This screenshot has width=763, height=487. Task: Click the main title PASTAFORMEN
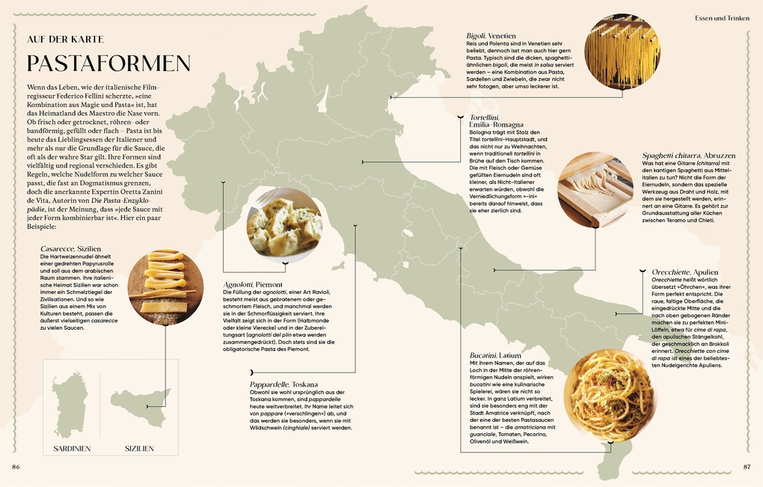(108, 63)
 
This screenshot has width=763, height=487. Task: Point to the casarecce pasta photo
(165, 287)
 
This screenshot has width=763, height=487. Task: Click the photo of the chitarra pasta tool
(595, 190)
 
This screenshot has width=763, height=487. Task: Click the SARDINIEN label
(72, 449)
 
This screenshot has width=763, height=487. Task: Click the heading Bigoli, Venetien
(491, 35)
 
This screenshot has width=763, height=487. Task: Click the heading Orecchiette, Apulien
(684, 274)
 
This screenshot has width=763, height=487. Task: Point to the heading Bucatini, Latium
(495, 355)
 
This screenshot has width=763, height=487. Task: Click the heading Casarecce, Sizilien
(71, 248)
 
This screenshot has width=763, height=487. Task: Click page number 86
(16, 467)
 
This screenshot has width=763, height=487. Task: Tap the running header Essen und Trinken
(722, 17)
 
